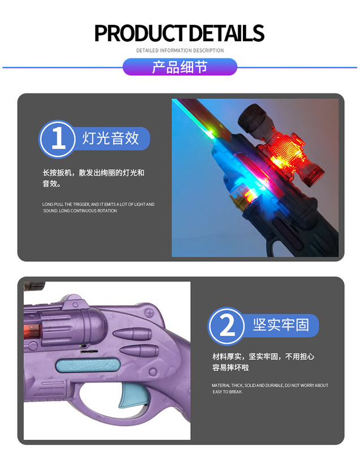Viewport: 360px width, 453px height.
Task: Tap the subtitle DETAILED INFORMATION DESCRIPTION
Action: (x=180, y=50)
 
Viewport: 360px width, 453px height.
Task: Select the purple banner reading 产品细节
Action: (x=180, y=67)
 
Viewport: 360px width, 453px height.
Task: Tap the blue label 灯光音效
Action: (x=111, y=139)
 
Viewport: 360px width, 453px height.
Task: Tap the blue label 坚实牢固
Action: (x=281, y=326)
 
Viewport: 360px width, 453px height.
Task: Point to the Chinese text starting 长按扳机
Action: (x=93, y=178)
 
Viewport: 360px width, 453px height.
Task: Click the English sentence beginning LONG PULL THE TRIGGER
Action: (x=98, y=207)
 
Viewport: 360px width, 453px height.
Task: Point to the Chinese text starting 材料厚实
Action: (x=263, y=361)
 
